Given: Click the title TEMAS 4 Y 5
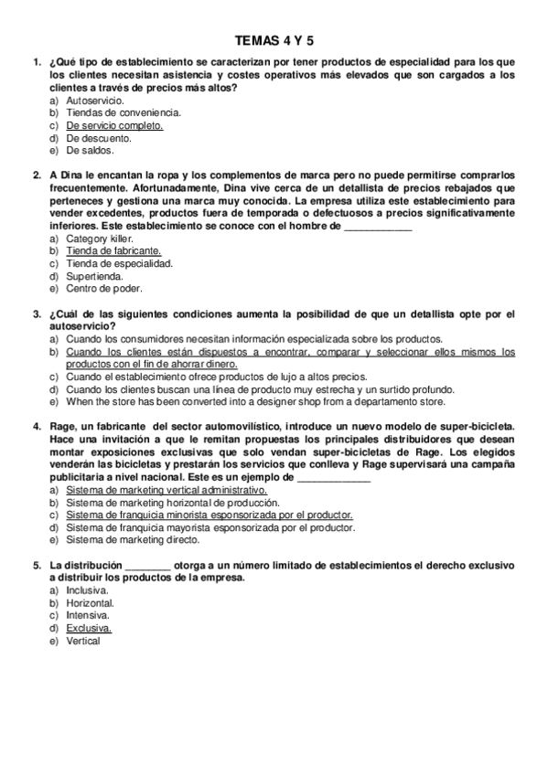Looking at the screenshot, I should pyautogui.click(x=274, y=40).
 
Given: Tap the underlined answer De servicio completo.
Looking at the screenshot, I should pyautogui.click(x=114, y=125).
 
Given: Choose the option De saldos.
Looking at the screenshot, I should pyautogui.click(x=90, y=150).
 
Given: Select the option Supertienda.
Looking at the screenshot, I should pyautogui.click(x=95, y=275).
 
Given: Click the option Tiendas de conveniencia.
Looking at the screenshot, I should pyautogui.click(x=123, y=112).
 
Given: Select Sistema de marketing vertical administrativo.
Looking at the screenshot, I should pyautogui.click(x=167, y=490).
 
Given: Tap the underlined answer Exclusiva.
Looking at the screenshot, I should pyautogui.click(x=89, y=628).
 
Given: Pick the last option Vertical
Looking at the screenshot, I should pyautogui.click(x=82, y=641).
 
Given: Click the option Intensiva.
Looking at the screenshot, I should pyautogui.click(x=88, y=615).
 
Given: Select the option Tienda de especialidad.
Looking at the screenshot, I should pyautogui.click(x=119, y=262).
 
